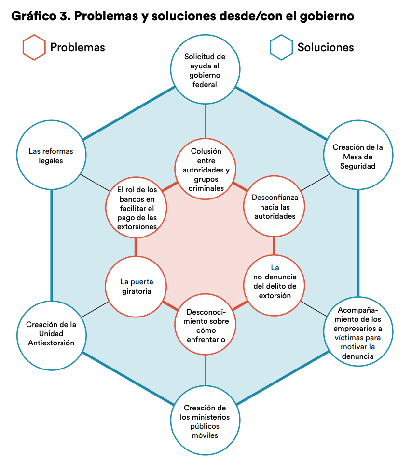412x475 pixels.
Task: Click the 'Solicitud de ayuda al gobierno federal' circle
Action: click(x=205, y=70)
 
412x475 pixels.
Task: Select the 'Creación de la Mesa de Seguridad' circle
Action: click(x=358, y=157)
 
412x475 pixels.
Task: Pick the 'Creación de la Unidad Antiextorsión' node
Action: click(x=51, y=333)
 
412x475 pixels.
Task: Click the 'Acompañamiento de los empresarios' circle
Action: click(x=357, y=333)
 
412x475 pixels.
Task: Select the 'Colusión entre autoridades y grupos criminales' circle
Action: click(x=205, y=169)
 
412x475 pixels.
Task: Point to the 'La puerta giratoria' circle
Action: click(x=136, y=287)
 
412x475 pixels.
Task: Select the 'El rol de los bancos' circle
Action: click(x=136, y=207)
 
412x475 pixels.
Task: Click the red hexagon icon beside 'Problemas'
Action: click(x=34, y=47)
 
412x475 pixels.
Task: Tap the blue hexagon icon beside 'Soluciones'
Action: click(x=281, y=47)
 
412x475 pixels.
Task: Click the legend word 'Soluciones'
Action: click(x=325, y=47)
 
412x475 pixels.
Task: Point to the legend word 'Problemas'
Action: click(x=77, y=47)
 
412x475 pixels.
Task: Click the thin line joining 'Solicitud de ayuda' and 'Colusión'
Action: click(x=205, y=120)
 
